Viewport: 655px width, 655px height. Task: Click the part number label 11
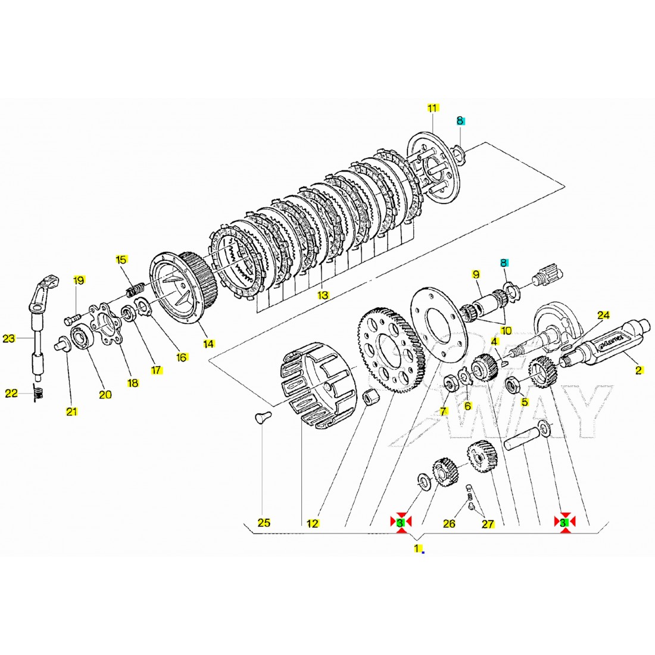[x=432, y=108]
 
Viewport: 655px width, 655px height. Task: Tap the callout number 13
[x=323, y=295]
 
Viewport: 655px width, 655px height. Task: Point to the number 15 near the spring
[x=121, y=260]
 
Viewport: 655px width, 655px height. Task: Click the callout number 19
[x=79, y=280]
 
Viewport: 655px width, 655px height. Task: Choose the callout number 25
[x=264, y=523]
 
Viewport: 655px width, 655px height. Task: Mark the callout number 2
[x=639, y=370]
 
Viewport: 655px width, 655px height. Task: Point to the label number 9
[x=475, y=274]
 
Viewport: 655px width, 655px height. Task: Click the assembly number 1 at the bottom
[x=419, y=547]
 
